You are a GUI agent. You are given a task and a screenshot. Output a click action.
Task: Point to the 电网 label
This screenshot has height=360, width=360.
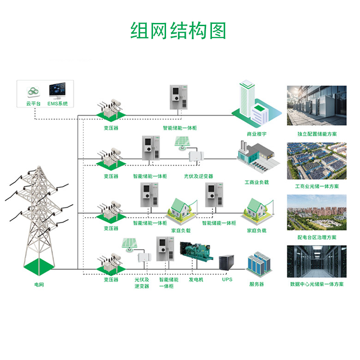(x=40, y=285)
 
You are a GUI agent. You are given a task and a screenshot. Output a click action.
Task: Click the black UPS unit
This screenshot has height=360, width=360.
(x=227, y=263)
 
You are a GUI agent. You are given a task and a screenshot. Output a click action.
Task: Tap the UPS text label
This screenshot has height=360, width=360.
(x=227, y=279)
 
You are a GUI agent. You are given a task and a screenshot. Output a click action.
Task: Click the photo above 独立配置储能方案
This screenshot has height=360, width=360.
(x=317, y=106)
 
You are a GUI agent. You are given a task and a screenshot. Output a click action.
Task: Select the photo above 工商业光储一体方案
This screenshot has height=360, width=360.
(x=317, y=161)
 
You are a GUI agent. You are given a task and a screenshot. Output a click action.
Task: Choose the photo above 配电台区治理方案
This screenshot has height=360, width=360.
(x=317, y=212)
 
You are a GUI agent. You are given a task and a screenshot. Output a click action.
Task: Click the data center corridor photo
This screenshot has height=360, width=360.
(x=317, y=262)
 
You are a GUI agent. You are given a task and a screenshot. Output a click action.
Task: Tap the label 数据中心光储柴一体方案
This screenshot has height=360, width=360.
(x=317, y=284)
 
